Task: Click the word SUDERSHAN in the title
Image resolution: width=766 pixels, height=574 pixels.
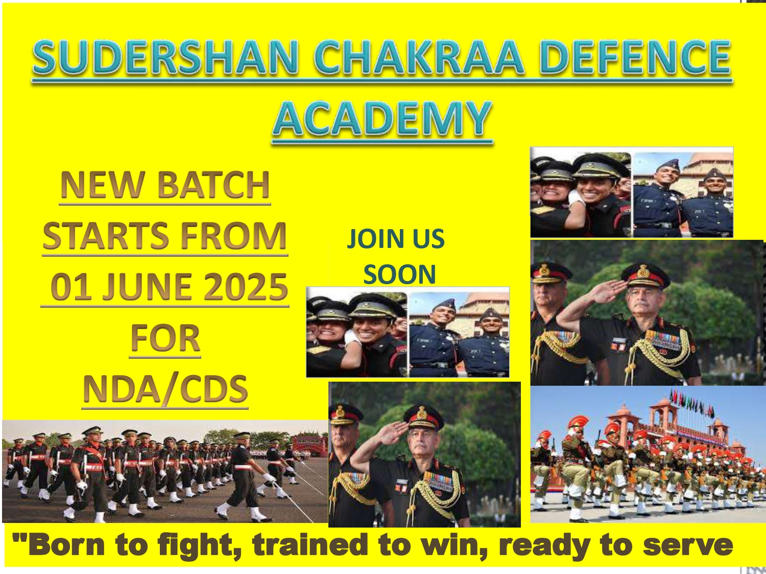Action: pyautogui.click(x=165, y=57)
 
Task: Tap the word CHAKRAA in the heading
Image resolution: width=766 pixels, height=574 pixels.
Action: pyautogui.click(x=419, y=57)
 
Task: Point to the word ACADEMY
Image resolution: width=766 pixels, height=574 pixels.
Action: pyautogui.click(x=382, y=118)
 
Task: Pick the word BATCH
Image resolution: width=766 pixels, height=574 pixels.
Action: pyautogui.click(x=213, y=184)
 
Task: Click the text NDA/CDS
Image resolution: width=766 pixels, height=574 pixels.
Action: pyautogui.click(x=165, y=389)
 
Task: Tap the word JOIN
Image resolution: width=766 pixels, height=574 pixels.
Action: pyautogui.click(x=371, y=239)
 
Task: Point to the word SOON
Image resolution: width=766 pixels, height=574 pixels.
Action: pyautogui.click(x=399, y=274)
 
